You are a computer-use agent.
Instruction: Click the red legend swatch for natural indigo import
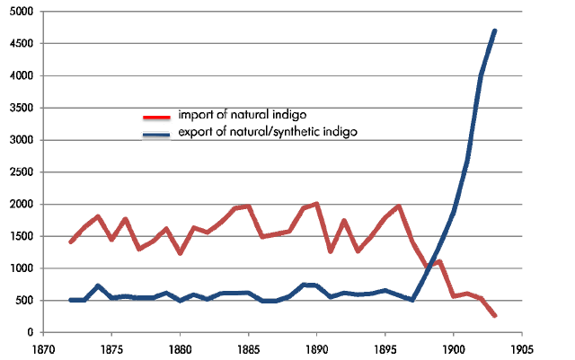coord(157,117)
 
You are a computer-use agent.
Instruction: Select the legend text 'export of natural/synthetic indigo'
coord(268,133)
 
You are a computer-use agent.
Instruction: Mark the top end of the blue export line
coord(494,31)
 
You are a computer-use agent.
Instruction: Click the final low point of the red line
coord(495,315)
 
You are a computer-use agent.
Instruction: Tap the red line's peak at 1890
coord(316,204)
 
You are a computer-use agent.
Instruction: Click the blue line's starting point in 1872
coord(71,300)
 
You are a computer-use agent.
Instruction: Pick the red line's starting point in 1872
coord(71,241)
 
